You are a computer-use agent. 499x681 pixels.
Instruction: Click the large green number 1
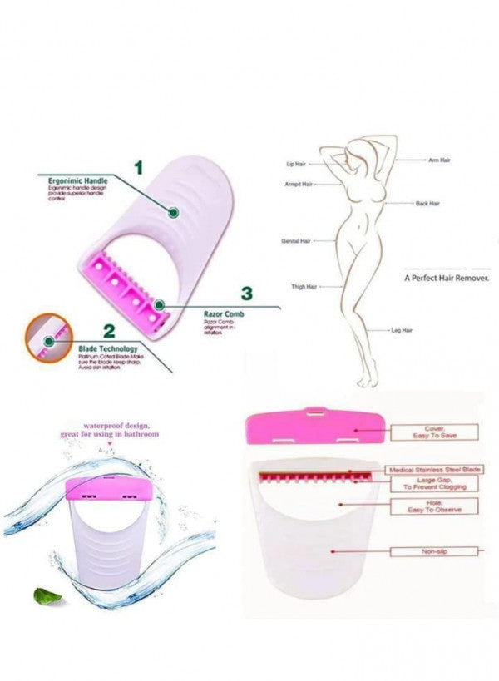(138, 168)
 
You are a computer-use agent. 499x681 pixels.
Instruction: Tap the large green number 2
(107, 329)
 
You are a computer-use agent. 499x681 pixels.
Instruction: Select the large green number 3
(246, 293)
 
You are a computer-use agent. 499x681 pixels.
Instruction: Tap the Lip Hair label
(297, 165)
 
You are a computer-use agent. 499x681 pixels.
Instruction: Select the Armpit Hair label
(299, 184)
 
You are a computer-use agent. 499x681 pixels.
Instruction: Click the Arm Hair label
(439, 160)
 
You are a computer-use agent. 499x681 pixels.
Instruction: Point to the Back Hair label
(427, 203)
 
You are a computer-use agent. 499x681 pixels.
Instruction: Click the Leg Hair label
(403, 330)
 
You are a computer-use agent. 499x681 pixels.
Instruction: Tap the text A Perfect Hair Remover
(446, 279)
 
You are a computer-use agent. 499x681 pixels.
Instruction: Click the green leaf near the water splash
(40, 593)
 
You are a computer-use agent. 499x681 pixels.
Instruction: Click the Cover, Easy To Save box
(434, 432)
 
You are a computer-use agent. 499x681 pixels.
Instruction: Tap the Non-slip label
(436, 550)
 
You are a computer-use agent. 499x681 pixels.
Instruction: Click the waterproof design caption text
(109, 430)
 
